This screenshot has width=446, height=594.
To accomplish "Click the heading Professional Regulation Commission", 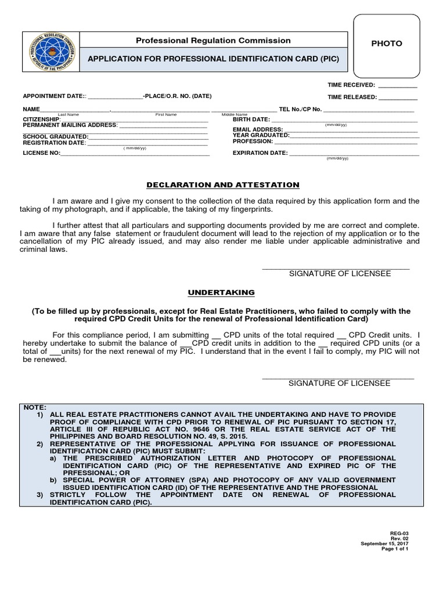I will coord(213,41).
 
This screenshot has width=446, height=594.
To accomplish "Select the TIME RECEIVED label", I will coord(351,85).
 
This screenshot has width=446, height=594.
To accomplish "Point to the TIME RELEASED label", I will coord(351,97).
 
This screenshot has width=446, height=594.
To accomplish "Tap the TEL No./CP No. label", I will coord(300,109).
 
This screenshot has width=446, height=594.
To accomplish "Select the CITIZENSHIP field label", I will coord(41,119).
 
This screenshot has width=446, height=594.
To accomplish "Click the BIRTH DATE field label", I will coord(251,119).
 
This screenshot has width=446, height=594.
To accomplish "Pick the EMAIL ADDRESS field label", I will coord(258,129).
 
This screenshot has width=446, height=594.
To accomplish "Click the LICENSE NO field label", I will coord(41,153).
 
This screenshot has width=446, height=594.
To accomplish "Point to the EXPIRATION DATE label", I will coord(260,153).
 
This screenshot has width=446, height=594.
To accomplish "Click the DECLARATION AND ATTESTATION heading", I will coord(222,185).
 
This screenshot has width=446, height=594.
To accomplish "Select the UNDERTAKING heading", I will coord(222,292).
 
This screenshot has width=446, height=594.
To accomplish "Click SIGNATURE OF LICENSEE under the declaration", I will coord(340,273).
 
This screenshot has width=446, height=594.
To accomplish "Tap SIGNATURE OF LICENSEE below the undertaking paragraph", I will coord(340,383).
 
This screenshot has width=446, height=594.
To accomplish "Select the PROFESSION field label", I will coord(253,141).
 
